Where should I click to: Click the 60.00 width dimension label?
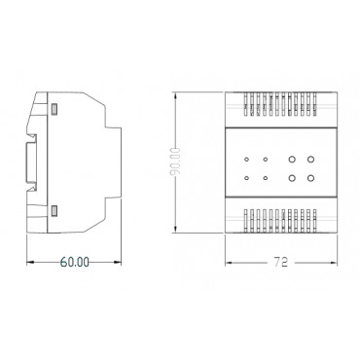75,262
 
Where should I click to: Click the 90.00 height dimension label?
175,162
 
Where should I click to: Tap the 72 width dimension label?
281,262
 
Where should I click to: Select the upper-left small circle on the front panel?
246,160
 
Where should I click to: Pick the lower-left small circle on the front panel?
246,178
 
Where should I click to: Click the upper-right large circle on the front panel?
310,159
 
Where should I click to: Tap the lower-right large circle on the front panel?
310,178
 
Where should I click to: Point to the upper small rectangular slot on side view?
54,109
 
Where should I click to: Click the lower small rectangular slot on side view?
54,211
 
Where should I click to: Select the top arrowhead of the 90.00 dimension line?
175,96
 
